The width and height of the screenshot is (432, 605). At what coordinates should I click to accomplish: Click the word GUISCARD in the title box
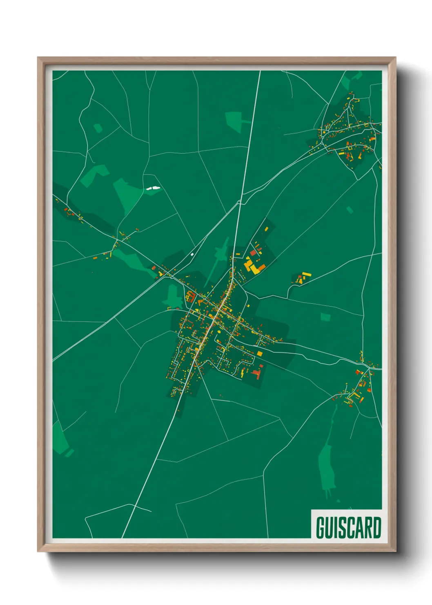pos(348,527)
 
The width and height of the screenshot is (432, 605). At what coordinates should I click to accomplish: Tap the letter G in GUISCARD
pos(321,527)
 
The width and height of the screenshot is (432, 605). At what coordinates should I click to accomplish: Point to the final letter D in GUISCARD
pos(376,527)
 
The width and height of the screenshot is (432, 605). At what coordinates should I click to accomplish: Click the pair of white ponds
pos(153,188)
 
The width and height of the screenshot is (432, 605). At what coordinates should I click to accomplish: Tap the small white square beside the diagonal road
pos(192,255)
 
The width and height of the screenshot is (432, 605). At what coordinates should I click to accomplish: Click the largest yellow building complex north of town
pos(254,266)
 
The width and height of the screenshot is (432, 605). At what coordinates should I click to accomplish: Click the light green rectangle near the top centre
pos(234,121)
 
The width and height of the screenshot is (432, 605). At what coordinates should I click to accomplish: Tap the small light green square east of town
pos(325,317)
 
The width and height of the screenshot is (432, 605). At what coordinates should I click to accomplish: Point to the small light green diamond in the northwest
pos(98,128)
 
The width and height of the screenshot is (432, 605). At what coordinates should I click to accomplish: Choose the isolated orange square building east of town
pos(260,354)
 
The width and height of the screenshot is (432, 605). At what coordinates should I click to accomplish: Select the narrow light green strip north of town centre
pos(220,253)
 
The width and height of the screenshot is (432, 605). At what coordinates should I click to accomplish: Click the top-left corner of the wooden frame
pos(38,58)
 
